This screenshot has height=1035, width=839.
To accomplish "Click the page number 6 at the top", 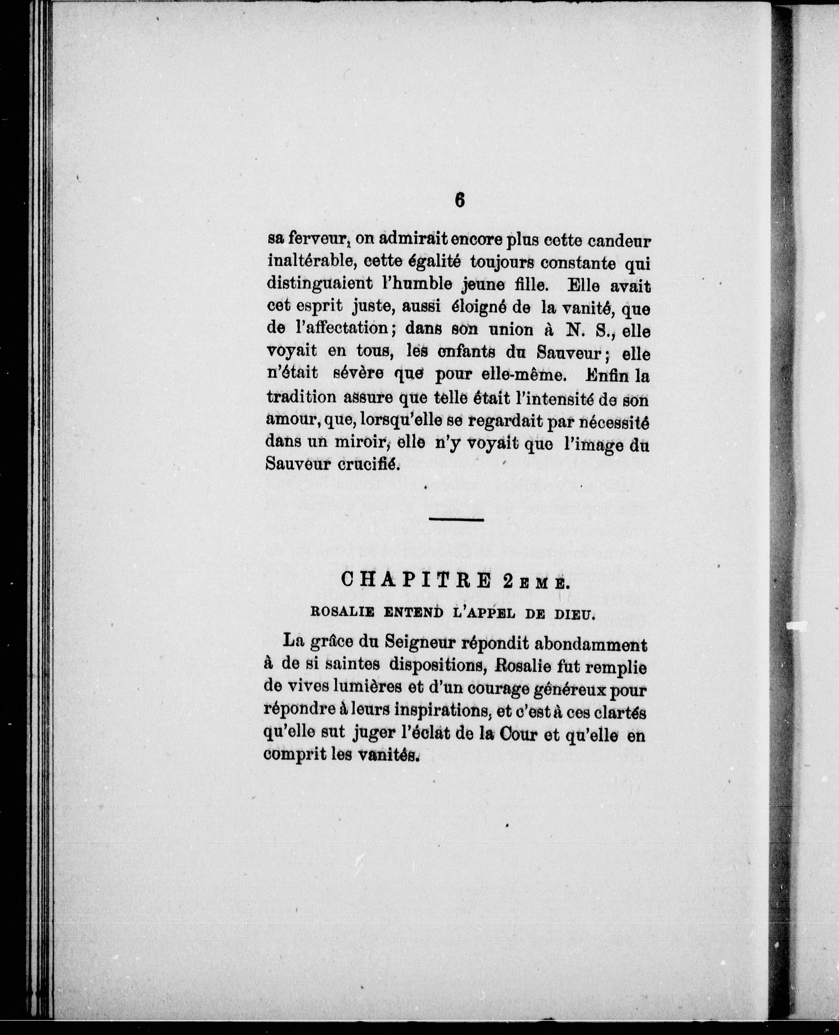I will [459, 200].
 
